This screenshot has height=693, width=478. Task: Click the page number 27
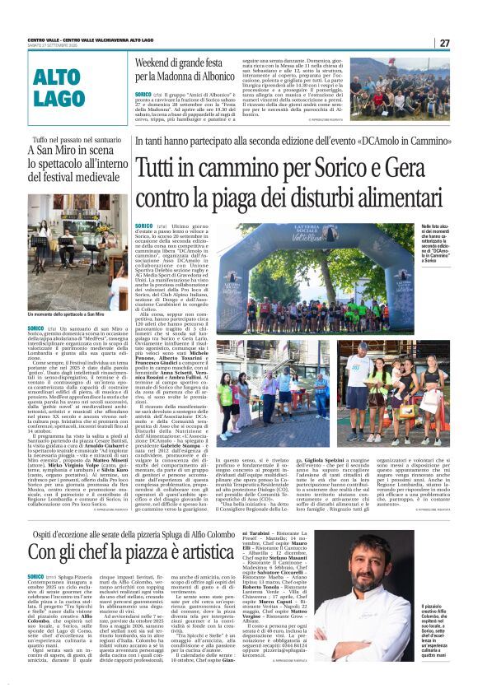tap(444, 43)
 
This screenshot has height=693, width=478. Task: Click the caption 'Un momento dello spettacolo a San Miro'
tap(66, 314)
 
